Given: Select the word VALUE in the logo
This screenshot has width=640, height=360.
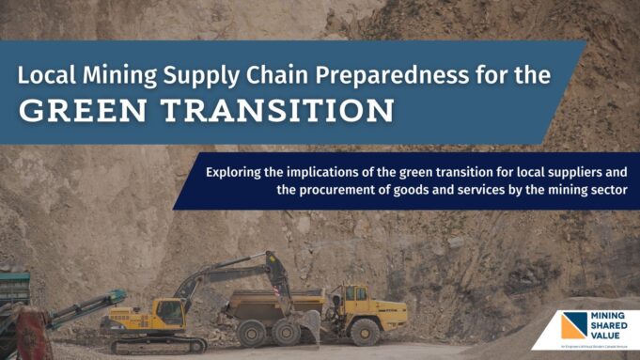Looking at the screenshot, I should point(610,337).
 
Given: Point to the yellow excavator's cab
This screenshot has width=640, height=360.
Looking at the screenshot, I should point(170,310).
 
